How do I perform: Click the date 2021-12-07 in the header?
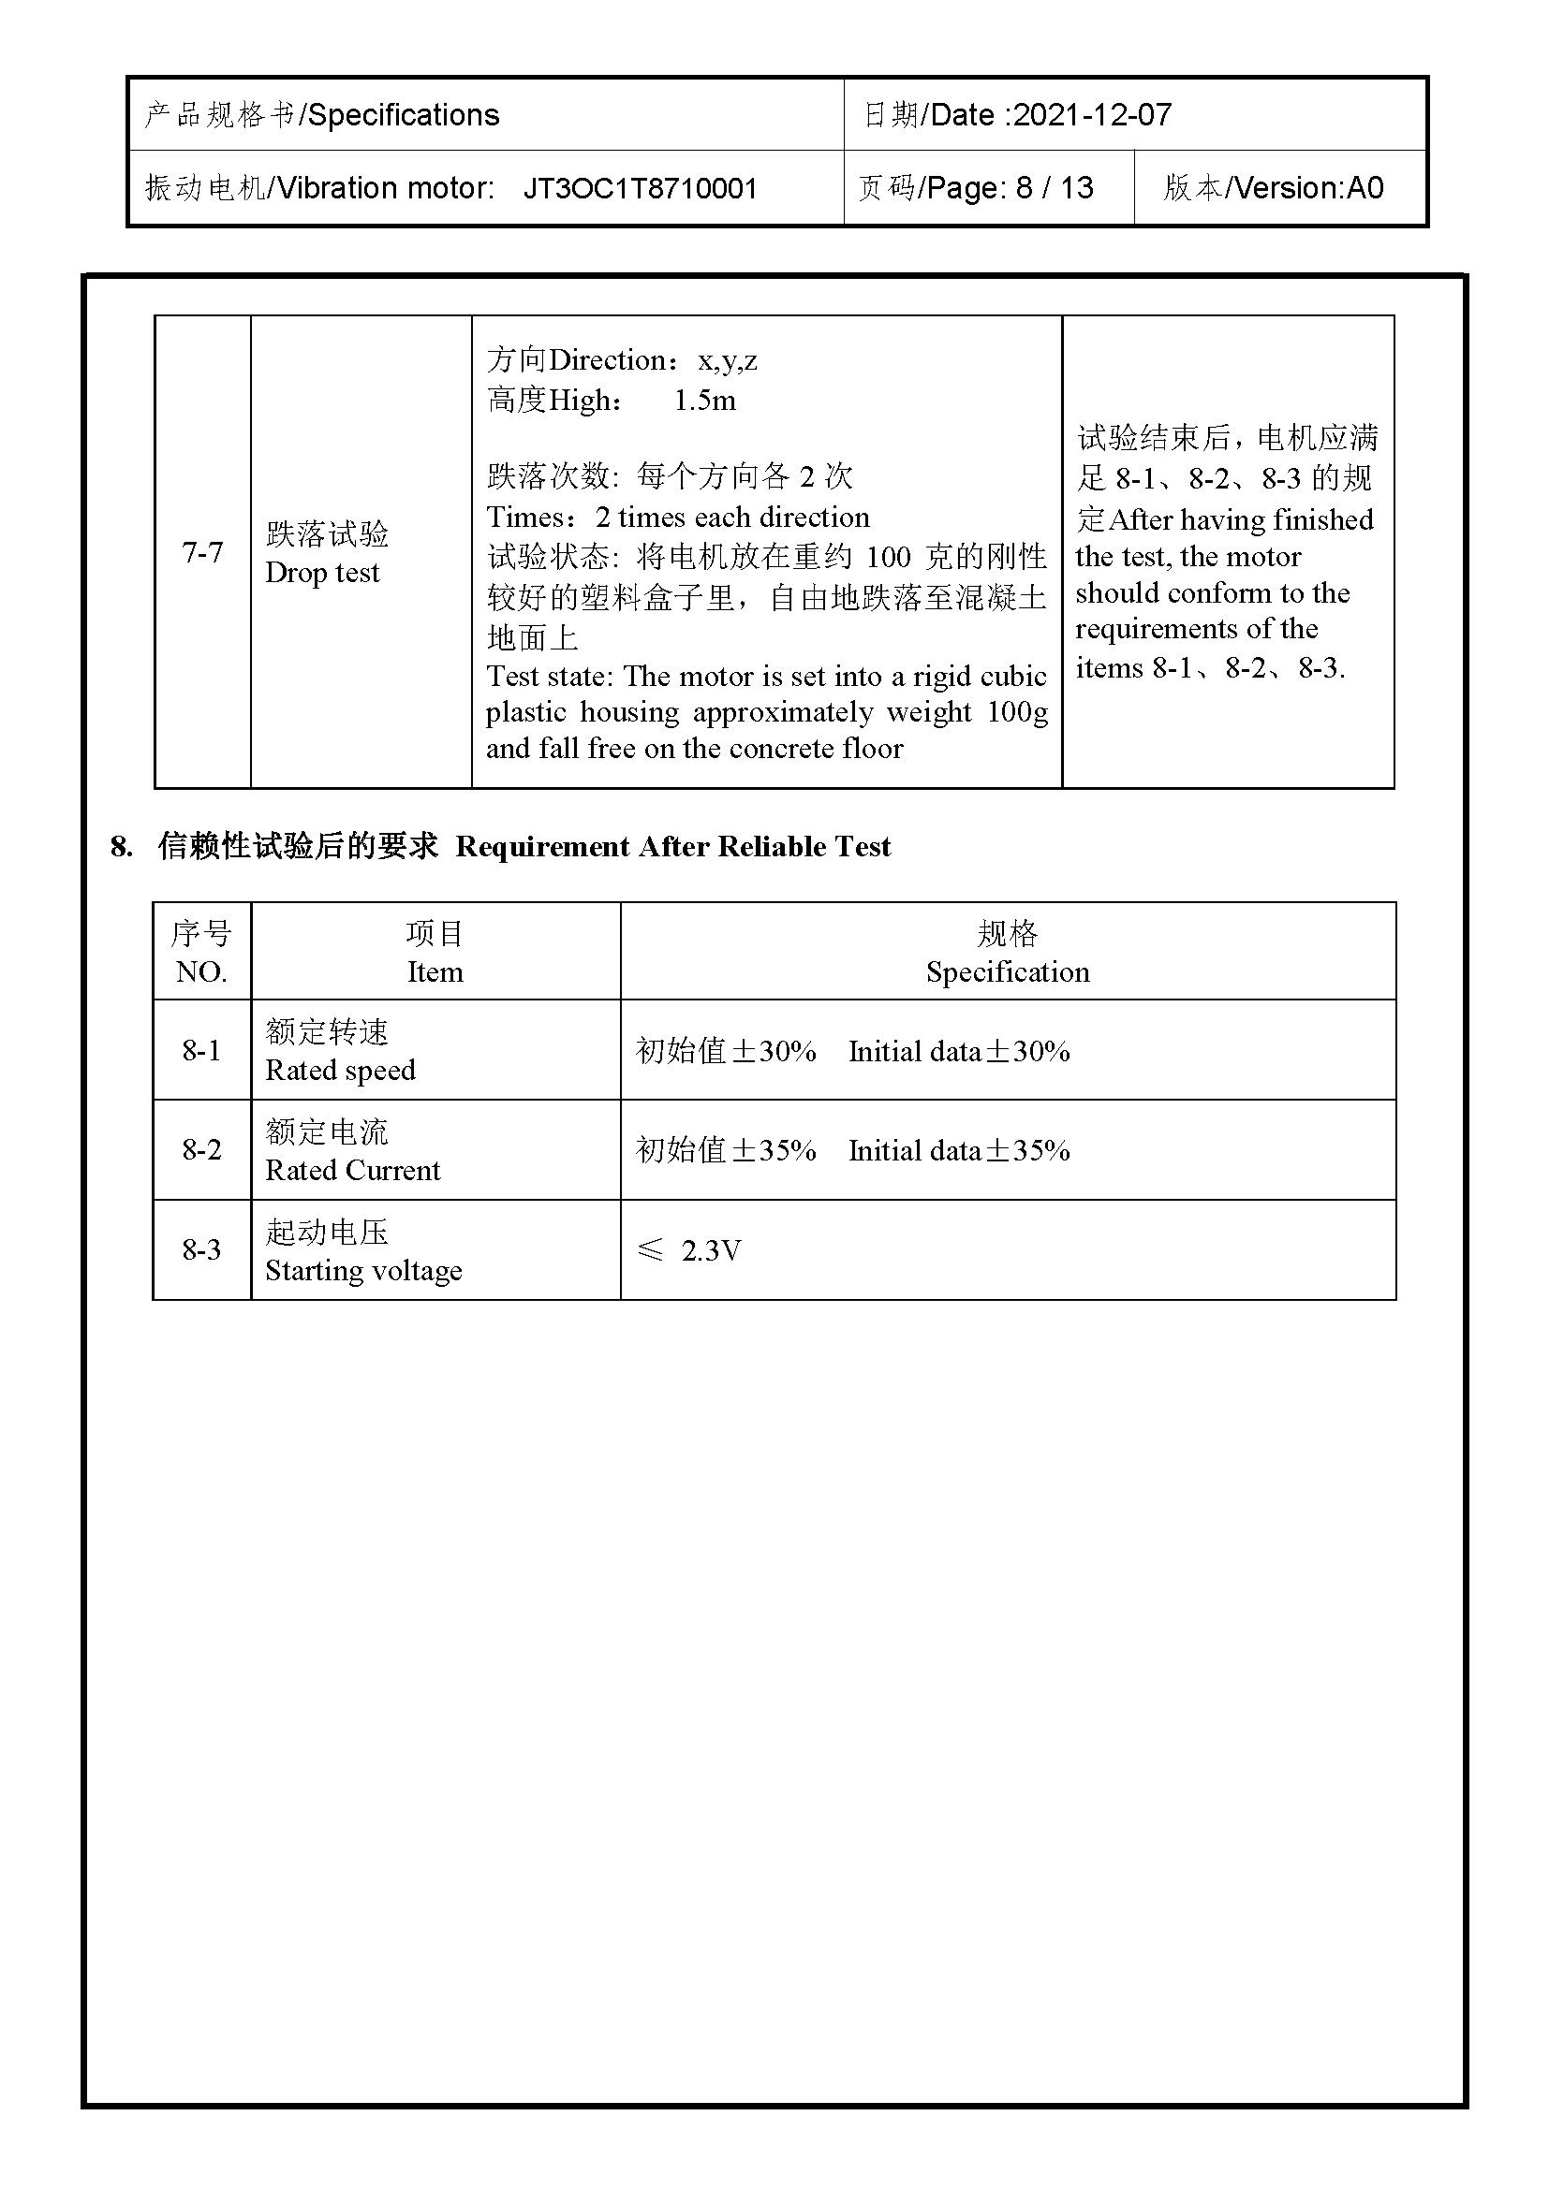tap(1092, 115)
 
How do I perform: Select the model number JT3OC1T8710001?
tap(640, 188)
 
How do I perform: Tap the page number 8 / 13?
tap(1054, 188)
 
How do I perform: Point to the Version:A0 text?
tap(1309, 188)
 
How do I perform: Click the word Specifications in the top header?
tap(404, 115)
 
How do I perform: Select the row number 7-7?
tap(202, 552)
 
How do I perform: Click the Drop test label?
tap(322, 572)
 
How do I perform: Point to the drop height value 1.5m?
tap(705, 401)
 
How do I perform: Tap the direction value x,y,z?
tap(728, 360)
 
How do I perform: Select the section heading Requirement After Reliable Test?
tap(672, 847)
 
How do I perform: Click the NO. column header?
tap(201, 971)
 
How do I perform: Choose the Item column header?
tap(435, 971)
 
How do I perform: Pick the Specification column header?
tap(1008, 971)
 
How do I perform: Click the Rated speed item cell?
tap(341, 1070)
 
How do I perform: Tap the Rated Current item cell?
tap(353, 1170)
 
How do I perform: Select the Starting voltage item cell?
tap(363, 1270)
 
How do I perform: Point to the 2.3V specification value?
tap(711, 1250)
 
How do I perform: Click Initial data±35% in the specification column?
tap(959, 1151)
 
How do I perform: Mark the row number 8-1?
tap(201, 1051)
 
